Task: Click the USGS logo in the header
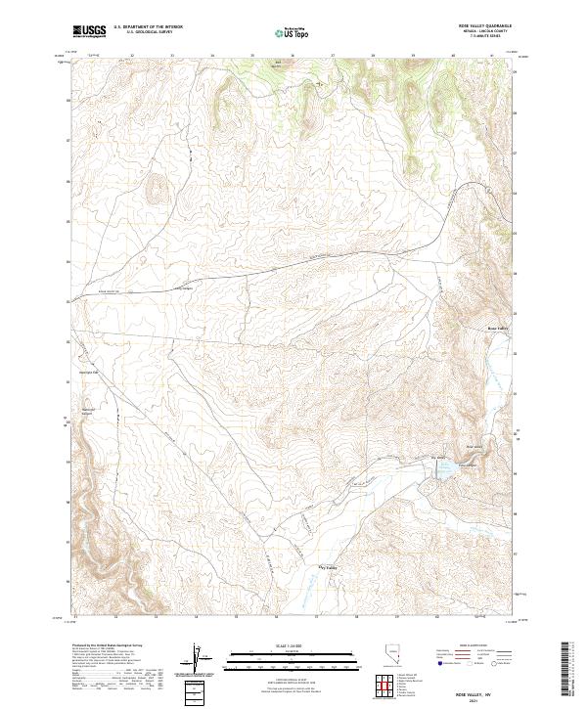[x=89, y=32]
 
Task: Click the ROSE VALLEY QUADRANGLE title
[x=485, y=25]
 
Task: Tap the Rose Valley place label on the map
[x=498, y=328]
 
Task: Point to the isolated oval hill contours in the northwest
[x=154, y=186]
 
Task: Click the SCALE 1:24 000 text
[x=293, y=644]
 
